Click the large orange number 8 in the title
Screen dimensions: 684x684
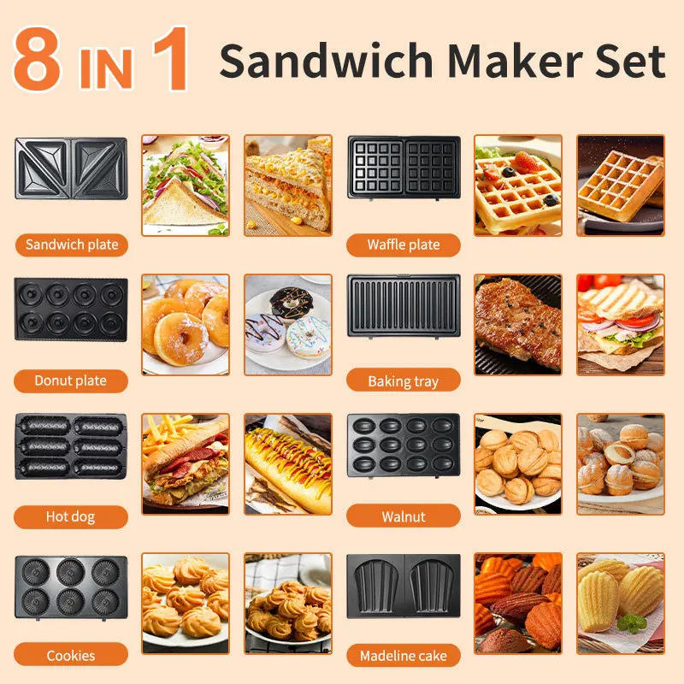pos(37,60)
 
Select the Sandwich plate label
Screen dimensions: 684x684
pos(71,245)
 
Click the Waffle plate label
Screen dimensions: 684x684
pos(404,245)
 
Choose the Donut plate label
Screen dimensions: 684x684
pos(71,380)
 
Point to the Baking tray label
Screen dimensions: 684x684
pos(404,380)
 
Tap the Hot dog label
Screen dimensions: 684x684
pos(71,516)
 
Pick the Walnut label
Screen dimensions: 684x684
pos(404,516)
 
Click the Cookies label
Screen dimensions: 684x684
pos(71,656)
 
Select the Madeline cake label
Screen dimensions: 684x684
pos(404,656)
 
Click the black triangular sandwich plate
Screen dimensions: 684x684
pos(71,168)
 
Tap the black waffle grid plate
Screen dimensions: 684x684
pos(404,168)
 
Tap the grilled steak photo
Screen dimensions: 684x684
pos(517,323)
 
